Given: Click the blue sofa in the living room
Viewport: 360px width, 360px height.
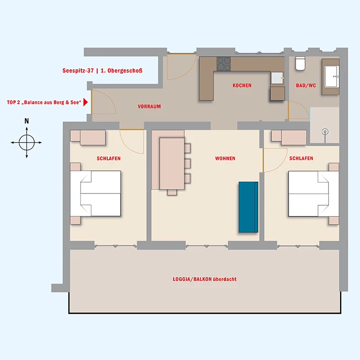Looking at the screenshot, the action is pyautogui.click(x=248, y=207).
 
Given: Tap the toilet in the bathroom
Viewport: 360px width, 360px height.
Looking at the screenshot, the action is pyautogui.click(x=300, y=63).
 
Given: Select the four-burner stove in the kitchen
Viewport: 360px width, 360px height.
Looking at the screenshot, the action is pyautogui.click(x=224, y=64).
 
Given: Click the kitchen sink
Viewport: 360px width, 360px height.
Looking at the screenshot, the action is pyautogui.click(x=278, y=78).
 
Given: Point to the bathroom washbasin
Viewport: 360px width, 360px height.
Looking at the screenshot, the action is pyautogui.click(x=332, y=76).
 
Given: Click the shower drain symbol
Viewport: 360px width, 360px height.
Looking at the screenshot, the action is pyautogui.click(x=325, y=132).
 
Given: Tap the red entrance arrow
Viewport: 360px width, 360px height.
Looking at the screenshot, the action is pyautogui.click(x=85, y=102).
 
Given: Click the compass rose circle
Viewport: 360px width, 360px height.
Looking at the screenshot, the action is pyautogui.click(x=27, y=143).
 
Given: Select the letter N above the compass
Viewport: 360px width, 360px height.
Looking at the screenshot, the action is pyautogui.click(x=27, y=121).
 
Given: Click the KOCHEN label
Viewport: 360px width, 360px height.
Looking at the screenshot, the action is pyautogui.click(x=242, y=85).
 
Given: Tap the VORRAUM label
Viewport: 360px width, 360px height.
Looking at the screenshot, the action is pyautogui.click(x=149, y=106).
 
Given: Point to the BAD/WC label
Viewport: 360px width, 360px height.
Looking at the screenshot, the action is pyautogui.click(x=306, y=85).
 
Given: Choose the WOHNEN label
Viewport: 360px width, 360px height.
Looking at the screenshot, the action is pyautogui.click(x=225, y=158).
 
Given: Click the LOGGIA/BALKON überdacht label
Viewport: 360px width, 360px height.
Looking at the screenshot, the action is pyautogui.click(x=205, y=279).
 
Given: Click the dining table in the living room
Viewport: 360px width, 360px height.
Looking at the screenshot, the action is pyautogui.click(x=172, y=163).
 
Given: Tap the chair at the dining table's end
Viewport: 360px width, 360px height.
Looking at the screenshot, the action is pyautogui.click(x=172, y=193).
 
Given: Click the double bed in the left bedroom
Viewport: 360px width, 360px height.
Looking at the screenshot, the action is pyautogui.click(x=95, y=193).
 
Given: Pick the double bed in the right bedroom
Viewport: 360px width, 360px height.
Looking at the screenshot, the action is pyautogui.click(x=314, y=194).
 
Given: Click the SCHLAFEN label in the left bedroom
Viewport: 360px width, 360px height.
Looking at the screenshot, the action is pyautogui.click(x=108, y=158).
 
